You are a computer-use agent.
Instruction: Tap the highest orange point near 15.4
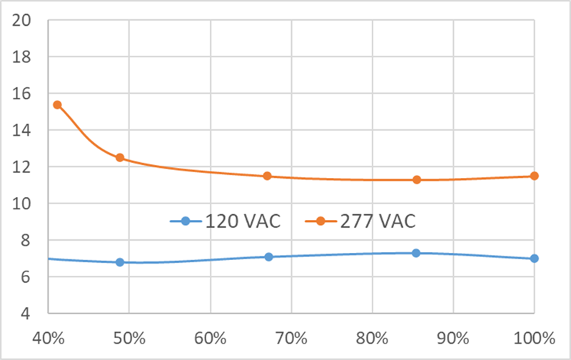pyautogui.click(x=57, y=105)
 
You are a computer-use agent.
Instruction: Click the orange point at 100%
pyautogui.click(x=534, y=176)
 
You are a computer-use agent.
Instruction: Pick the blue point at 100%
pyautogui.click(x=534, y=259)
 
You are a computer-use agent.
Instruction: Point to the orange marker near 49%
pyautogui.click(x=120, y=158)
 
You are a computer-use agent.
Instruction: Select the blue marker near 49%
pyautogui.click(x=120, y=262)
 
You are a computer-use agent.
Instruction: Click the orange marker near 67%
pyautogui.click(x=268, y=176)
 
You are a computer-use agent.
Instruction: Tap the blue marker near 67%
pyautogui.click(x=268, y=256)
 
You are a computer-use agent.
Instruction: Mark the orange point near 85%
pyautogui.click(x=416, y=180)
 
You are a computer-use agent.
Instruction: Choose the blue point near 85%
pyautogui.click(x=416, y=253)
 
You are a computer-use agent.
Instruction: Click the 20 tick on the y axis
pyautogui.click(x=24, y=20)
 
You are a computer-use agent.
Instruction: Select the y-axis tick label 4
pyautogui.click(x=29, y=314)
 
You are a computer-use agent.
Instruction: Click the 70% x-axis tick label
pyautogui.click(x=291, y=337)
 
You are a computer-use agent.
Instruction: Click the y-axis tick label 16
pyautogui.click(x=24, y=94)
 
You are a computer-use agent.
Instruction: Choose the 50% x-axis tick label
pyautogui.click(x=128, y=337)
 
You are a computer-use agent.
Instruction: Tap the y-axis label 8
pyautogui.click(x=29, y=241)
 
